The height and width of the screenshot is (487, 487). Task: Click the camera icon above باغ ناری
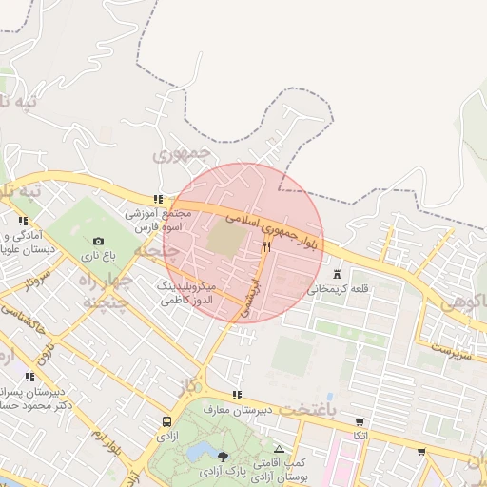click(x=98, y=242)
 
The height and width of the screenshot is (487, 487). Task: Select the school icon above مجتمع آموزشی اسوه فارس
click(x=158, y=199)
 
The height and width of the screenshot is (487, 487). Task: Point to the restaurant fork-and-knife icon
click(x=267, y=246)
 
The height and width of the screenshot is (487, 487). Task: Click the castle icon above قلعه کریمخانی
click(x=336, y=273)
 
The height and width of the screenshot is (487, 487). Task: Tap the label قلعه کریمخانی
click(x=340, y=287)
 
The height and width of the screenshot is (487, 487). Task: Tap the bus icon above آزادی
click(x=167, y=420)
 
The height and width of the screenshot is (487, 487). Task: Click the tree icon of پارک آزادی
click(x=223, y=457)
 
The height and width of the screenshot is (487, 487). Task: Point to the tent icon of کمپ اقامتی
click(x=279, y=449)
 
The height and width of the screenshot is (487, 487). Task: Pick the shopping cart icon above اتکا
click(x=360, y=421)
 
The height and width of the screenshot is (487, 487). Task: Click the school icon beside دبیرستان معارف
click(x=237, y=395)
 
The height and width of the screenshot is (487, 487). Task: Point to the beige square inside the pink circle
click(x=225, y=237)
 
